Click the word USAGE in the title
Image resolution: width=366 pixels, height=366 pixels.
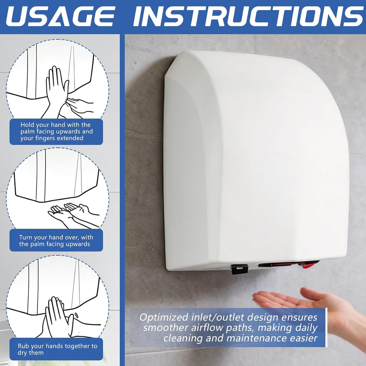tap(61, 16)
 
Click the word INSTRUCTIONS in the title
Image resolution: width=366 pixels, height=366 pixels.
tap(248, 16)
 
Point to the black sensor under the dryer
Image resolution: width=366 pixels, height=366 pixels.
tap(239, 269)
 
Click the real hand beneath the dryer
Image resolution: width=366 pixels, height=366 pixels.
tap(310, 303)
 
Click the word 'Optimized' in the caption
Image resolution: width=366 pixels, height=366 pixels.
tap(164, 318)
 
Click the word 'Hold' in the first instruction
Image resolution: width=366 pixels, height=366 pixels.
tap(27, 125)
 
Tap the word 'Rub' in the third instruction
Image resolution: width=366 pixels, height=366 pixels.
tap(23, 346)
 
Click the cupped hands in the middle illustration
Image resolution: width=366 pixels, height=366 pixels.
tap(70, 211)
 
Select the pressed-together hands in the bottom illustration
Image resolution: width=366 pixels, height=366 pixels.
tap(57, 318)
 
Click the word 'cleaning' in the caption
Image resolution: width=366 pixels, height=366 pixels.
tap(183, 338)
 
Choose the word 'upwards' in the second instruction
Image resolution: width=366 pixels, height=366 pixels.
tap(78, 244)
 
